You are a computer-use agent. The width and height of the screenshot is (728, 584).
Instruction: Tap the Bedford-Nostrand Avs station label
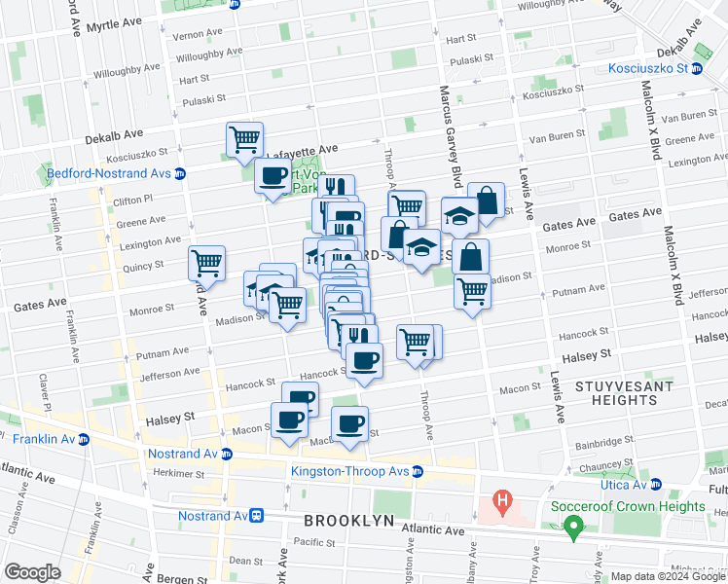click(x=109, y=174)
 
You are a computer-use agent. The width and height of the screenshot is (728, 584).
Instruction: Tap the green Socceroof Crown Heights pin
click(x=573, y=528)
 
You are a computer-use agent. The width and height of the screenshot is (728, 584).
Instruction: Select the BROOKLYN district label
click(x=348, y=521)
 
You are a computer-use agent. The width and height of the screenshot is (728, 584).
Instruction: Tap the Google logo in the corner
click(x=32, y=572)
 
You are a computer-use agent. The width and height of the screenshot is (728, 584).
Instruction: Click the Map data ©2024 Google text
click(x=668, y=576)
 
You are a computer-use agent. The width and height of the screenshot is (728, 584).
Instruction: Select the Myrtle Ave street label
click(x=115, y=22)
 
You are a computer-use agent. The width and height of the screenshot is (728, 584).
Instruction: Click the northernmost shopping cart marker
click(x=244, y=138)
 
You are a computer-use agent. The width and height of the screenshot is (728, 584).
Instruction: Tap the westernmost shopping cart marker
click(x=206, y=262)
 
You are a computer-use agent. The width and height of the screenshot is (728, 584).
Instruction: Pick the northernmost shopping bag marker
click(x=486, y=201)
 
